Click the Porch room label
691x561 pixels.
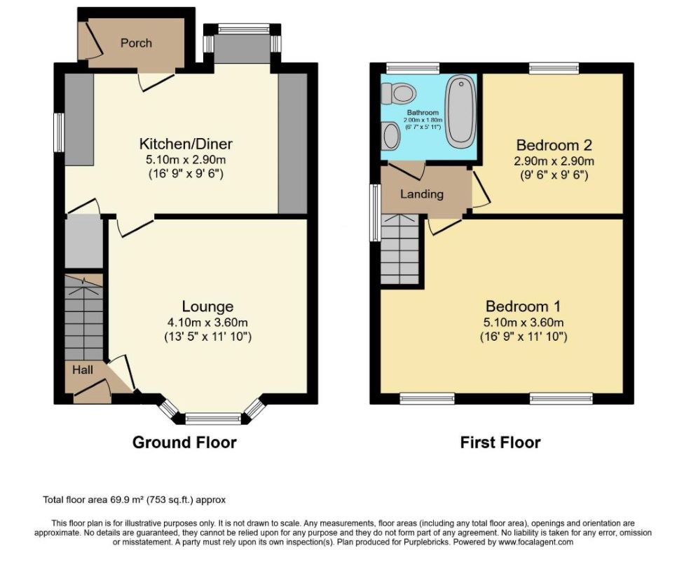tap(136, 43)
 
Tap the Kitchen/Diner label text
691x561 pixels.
tap(186, 144)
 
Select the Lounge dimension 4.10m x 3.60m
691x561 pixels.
tap(207, 323)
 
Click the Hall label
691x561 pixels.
tap(83, 370)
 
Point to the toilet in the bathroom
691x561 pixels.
tap(399, 93)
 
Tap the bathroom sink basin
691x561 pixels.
tap(390, 136)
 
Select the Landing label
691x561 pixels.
tap(422, 194)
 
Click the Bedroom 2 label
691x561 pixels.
tap(554, 144)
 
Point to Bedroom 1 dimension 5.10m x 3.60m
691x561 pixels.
tap(524, 323)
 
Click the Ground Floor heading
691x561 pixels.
tap(184, 442)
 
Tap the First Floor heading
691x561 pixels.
tap(500, 442)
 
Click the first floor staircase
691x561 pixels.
tap(399, 249)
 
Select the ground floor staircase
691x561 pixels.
tap(83, 318)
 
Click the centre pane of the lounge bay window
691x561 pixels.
tap(213, 419)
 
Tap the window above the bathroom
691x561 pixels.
tap(413, 68)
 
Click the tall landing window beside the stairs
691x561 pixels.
tap(375, 212)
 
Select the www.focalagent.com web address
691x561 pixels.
tap(535, 541)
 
